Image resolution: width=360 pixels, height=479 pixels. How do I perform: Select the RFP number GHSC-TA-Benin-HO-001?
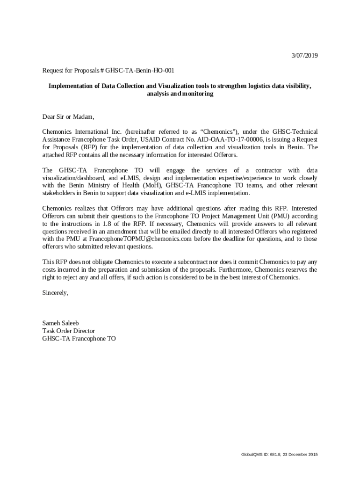tap(140, 71)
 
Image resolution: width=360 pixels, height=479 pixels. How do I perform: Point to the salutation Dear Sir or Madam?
tap(68, 116)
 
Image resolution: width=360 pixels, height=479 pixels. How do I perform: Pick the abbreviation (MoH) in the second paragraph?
tap(151, 185)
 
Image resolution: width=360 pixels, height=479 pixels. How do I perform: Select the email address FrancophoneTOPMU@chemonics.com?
tap(141, 239)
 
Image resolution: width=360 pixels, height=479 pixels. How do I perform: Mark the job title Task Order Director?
tap(69, 331)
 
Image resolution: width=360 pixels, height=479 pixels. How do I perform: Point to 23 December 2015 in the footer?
tap(299, 455)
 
